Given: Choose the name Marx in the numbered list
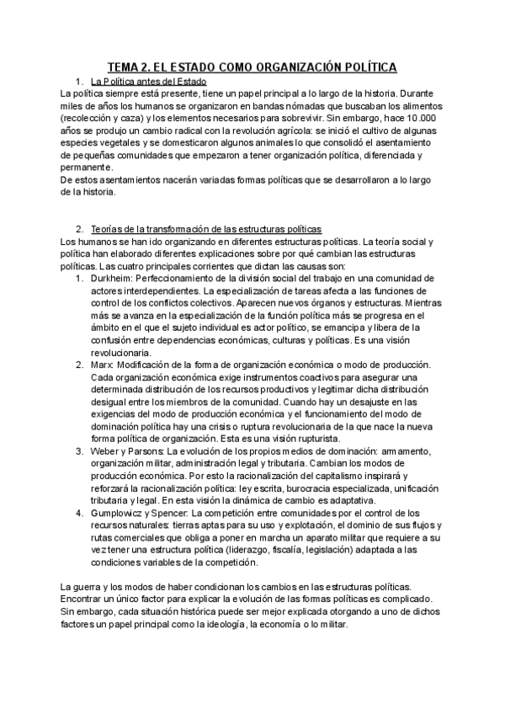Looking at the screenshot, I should [x=102, y=365].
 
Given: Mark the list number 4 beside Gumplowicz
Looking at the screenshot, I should [x=79, y=512].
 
